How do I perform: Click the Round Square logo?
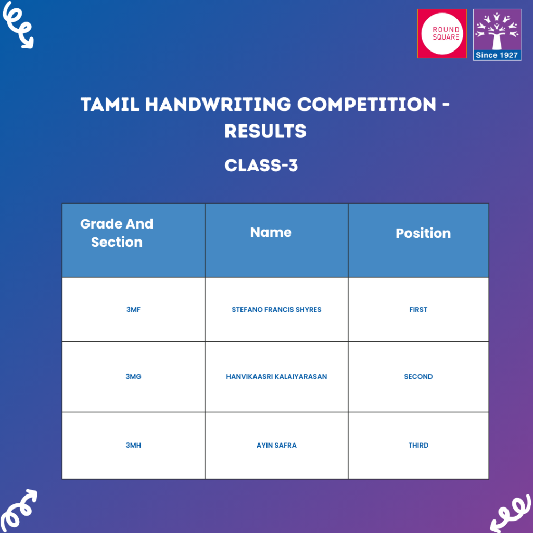click(x=442, y=33)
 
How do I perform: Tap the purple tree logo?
click(x=497, y=30)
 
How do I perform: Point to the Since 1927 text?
click(x=497, y=55)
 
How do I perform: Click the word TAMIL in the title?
click(x=109, y=105)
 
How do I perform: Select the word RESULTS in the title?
click(x=265, y=131)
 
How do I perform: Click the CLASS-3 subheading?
click(x=261, y=166)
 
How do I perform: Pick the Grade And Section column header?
click(x=117, y=233)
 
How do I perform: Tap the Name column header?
click(x=271, y=232)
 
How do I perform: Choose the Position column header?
click(x=423, y=233)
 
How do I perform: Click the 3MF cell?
click(x=133, y=310)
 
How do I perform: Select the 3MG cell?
click(x=133, y=376)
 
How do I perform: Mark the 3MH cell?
click(x=133, y=446)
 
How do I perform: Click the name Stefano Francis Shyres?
click(x=276, y=310)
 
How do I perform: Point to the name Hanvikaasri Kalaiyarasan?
click(x=276, y=376)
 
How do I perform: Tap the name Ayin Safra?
click(x=276, y=446)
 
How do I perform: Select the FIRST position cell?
click(x=418, y=310)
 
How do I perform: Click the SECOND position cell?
click(x=418, y=376)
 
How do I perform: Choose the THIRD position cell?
click(x=418, y=446)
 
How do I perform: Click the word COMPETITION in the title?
click(x=366, y=105)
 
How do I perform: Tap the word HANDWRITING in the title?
click(x=218, y=105)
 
